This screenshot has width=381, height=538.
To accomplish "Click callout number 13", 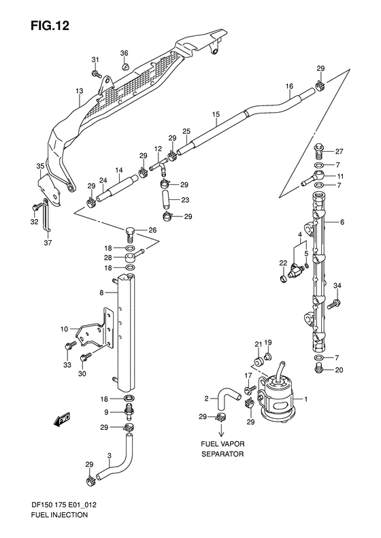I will point(79,90).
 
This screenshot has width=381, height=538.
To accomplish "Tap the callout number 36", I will point(125,53).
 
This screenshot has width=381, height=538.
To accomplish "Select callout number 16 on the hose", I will point(289,86).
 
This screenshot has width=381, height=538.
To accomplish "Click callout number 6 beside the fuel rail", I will point(342,222).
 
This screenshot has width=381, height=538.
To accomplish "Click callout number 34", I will point(337,285).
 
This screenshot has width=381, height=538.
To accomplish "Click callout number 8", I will point(101,293).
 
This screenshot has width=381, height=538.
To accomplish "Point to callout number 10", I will point(64,329).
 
